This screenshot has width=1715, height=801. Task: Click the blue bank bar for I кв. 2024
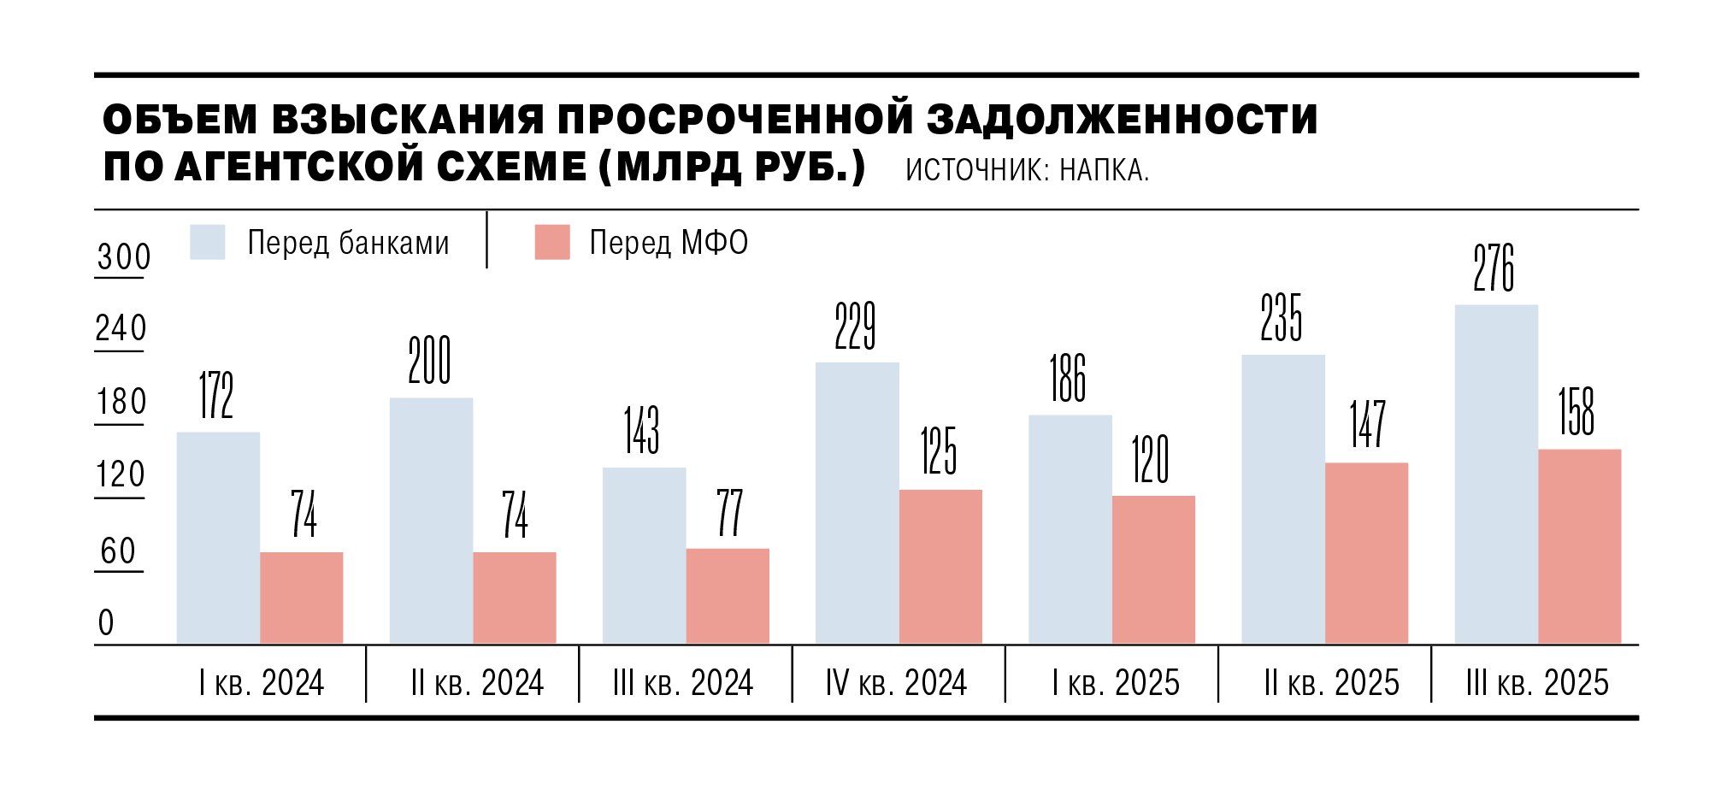click(x=218, y=538)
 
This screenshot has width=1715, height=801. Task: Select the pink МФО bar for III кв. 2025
click(x=1579, y=546)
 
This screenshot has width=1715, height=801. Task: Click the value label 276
click(x=1494, y=268)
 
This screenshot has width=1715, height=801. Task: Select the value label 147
click(x=1367, y=424)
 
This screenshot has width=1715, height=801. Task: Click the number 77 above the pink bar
click(x=729, y=513)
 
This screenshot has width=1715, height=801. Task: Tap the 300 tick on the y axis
click(x=123, y=257)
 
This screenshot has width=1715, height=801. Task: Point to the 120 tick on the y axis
click(x=121, y=475)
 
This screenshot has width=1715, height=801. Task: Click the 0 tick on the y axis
click(x=106, y=622)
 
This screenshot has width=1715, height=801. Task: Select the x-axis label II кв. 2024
click(x=477, y=683)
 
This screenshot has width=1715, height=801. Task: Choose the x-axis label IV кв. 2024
click(x=896, y=683)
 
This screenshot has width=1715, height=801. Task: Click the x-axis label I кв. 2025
click(x=1116, y=683)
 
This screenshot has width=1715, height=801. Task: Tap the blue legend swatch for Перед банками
click(x=208, y=242)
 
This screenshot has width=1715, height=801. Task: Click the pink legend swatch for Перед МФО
click(x=552, y=242)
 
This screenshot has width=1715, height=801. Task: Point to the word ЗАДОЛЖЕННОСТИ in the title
click(x=1122, y=120)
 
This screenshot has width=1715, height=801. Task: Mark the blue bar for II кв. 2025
click(x=1283, y=499)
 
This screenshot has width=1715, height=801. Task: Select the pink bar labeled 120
click(x=1153, y=569)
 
